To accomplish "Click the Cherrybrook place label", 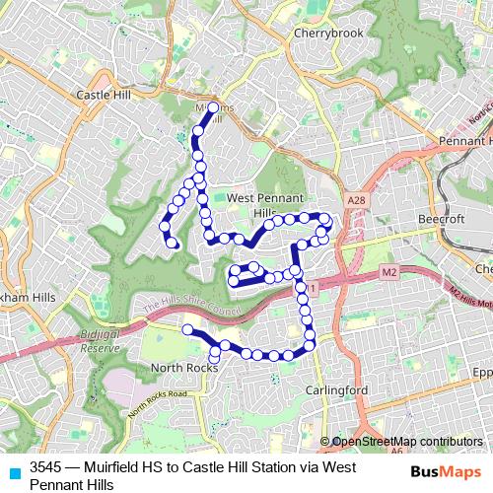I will tap(328, 33).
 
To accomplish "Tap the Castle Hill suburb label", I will tap(104, 95).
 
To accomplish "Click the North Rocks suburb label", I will tap(183, 368).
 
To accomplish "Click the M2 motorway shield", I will tap(388, 270).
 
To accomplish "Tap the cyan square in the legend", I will tap(14, 468).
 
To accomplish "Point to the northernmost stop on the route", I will tap(213, 106).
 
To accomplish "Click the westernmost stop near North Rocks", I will tap(186, 328).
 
